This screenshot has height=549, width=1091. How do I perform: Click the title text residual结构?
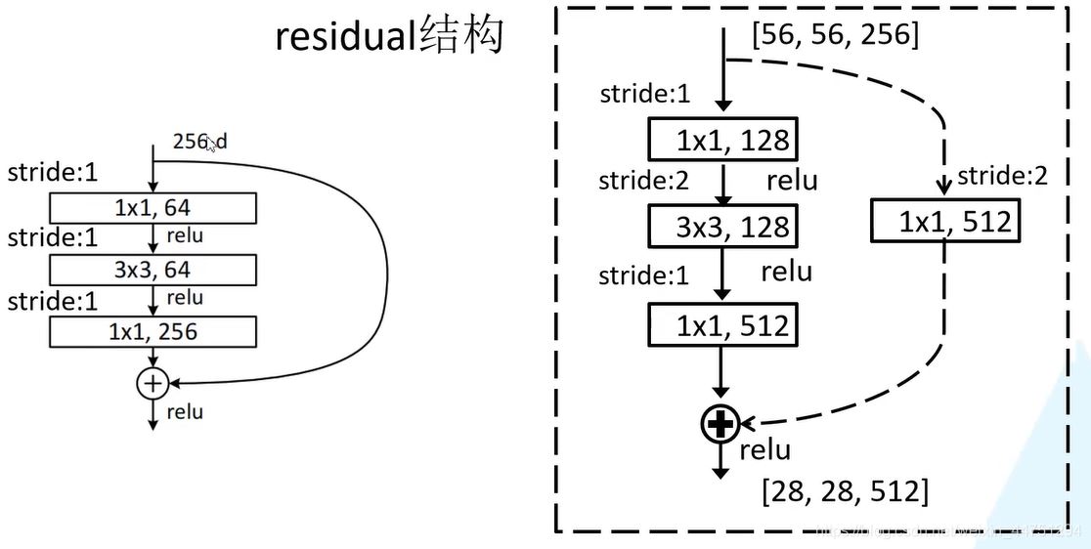pos(389,37)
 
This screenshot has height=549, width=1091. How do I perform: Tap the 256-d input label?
pos(199,142)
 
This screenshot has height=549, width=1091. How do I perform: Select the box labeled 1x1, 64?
pos(153,208)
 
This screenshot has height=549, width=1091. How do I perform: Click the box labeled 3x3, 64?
pos(153,270)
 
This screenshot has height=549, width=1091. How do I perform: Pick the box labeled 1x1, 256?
pos(153,332)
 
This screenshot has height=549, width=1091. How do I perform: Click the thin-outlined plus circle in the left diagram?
pos(152,384)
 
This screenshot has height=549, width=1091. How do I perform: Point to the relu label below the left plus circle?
pos(185,411)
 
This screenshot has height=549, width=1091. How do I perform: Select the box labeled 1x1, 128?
pos(721,141)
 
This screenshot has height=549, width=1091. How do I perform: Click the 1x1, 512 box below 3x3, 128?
pos(721,325)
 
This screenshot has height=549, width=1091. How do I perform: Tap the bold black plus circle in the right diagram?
pos(720,424)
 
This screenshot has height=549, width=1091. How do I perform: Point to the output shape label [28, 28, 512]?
pos(845,491)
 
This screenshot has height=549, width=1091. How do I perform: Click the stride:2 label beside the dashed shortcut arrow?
pos(1003,176)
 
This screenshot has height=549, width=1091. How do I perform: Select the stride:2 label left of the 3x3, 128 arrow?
pos(644,181)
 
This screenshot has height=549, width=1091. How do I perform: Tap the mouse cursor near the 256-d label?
pos(212,146)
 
